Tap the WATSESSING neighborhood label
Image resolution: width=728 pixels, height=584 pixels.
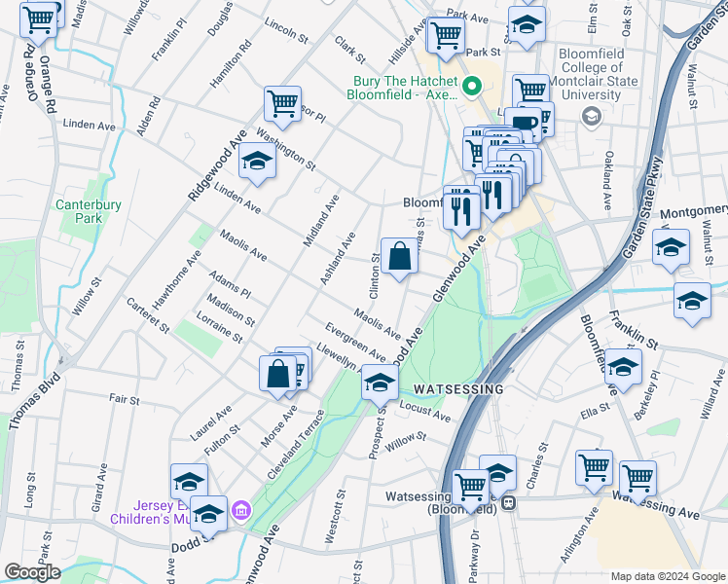click(x=457, y=388)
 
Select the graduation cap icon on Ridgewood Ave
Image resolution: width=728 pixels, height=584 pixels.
click(x=257, y=163)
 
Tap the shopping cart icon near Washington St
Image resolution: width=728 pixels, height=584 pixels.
click(x=281, y=103)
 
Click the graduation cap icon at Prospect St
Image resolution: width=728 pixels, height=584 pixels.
click(x=379, y=383)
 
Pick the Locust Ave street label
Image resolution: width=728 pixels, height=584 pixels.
click(x=426, y=414)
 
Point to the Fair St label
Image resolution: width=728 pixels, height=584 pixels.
click(x=125, y=399)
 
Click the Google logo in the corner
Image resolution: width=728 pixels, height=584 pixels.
click(x=32, y=571)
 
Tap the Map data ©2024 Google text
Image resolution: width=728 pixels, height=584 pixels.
click(x=668, y=576)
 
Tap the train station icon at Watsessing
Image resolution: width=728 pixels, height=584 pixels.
click(x=508, y=505)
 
